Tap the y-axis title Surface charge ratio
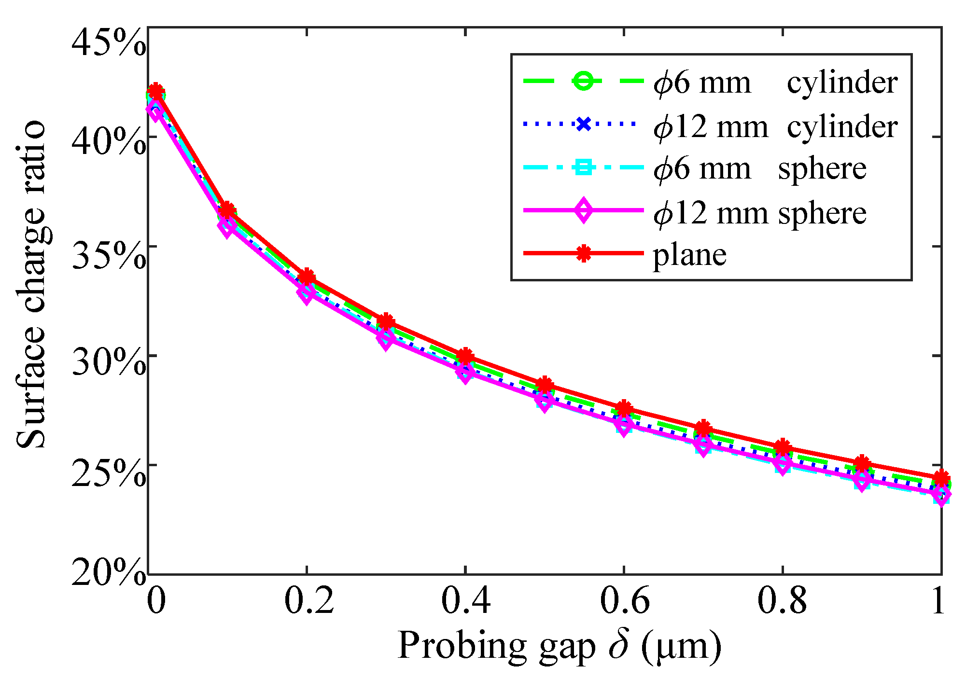(31, 285)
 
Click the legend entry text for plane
(689, 255)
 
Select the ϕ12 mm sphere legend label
(760, 212)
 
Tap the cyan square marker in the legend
(584, 168)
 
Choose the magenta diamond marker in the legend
(584, 210)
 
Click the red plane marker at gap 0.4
(465, 356)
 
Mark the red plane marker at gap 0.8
(782, 447)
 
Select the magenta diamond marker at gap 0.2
(306, 292)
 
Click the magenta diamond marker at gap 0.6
(624, 425)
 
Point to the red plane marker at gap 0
(155, 91)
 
